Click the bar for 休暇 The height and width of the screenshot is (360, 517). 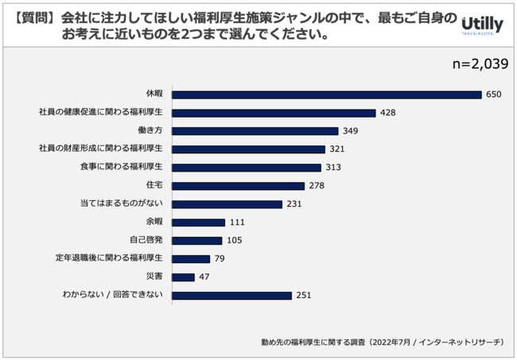click(x=326, y=94)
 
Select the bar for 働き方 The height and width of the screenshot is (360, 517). click(x=255, y=130)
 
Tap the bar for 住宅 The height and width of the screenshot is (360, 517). click(x=238, y=185)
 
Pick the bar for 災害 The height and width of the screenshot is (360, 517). click(x=183, y=277)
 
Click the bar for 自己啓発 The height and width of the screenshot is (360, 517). click(x=196, y=240)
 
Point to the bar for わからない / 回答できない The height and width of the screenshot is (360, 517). click(x=231, y=296)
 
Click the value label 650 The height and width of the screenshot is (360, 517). click(x=495, y=94)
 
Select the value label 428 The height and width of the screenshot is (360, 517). click(x=388, y=113)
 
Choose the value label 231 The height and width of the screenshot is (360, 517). click(x=296, y=203)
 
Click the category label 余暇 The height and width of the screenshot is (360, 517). click(x=154, y=222)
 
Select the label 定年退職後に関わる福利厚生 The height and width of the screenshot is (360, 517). click(x=109, y=258)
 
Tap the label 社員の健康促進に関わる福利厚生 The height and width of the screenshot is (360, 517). click(x=100, y=112)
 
